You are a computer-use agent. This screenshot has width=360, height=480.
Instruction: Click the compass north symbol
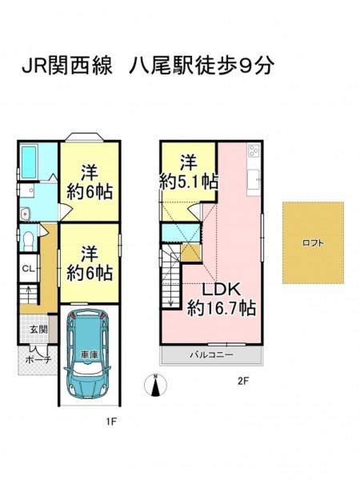pos(156,385)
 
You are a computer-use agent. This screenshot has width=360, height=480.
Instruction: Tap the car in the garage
pos(86,354)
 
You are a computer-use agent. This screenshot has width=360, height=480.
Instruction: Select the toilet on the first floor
pos(29,241)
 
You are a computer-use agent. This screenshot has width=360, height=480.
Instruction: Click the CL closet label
pos(28,269)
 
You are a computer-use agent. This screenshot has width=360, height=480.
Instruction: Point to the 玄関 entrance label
pos(38,330)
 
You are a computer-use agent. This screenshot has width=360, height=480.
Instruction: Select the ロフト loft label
pos(313,243)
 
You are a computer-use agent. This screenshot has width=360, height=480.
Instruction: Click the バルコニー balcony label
pos(211,354)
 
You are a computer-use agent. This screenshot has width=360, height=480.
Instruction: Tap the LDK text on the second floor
pos(221,290)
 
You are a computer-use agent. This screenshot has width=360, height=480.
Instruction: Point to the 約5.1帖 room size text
pos(189,182)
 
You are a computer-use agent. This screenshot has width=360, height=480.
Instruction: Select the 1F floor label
pos(111,422)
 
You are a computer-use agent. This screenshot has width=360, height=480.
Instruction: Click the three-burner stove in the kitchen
pos(254,150)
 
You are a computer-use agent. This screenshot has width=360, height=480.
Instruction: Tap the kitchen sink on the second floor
pos(254,180)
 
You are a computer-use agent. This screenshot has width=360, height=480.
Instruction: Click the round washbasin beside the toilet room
pos(25,214)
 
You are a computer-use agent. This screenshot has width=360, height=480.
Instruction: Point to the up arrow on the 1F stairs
pos(28,294)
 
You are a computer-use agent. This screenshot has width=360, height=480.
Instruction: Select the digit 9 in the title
pos(246,66)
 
